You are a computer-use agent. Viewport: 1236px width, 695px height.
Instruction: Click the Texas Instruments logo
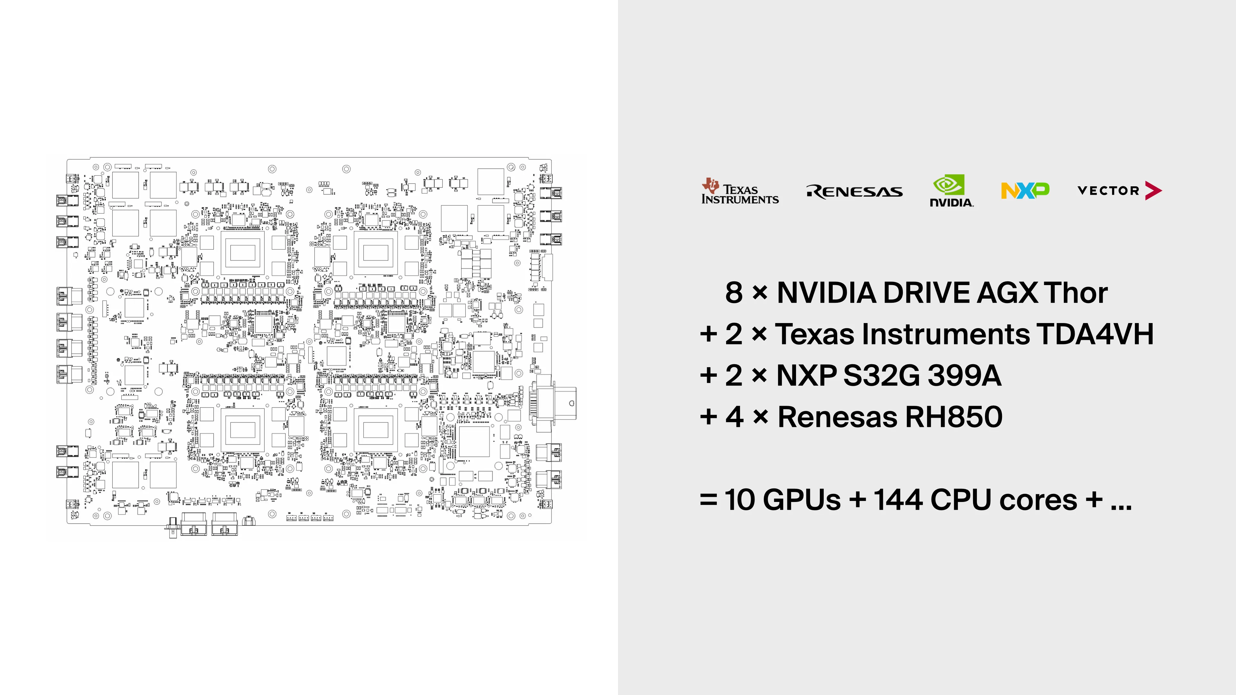739,192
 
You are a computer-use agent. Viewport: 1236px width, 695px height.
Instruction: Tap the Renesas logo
854,191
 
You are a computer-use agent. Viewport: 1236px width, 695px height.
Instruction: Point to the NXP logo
1025,190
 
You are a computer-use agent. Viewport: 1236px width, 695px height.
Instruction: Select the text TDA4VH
1095,334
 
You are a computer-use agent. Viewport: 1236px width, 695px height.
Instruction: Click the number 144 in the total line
898,500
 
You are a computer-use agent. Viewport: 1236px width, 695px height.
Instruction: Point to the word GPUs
801,500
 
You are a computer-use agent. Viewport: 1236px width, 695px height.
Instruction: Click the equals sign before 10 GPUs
708,500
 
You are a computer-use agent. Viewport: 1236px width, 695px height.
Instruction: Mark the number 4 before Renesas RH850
735,416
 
